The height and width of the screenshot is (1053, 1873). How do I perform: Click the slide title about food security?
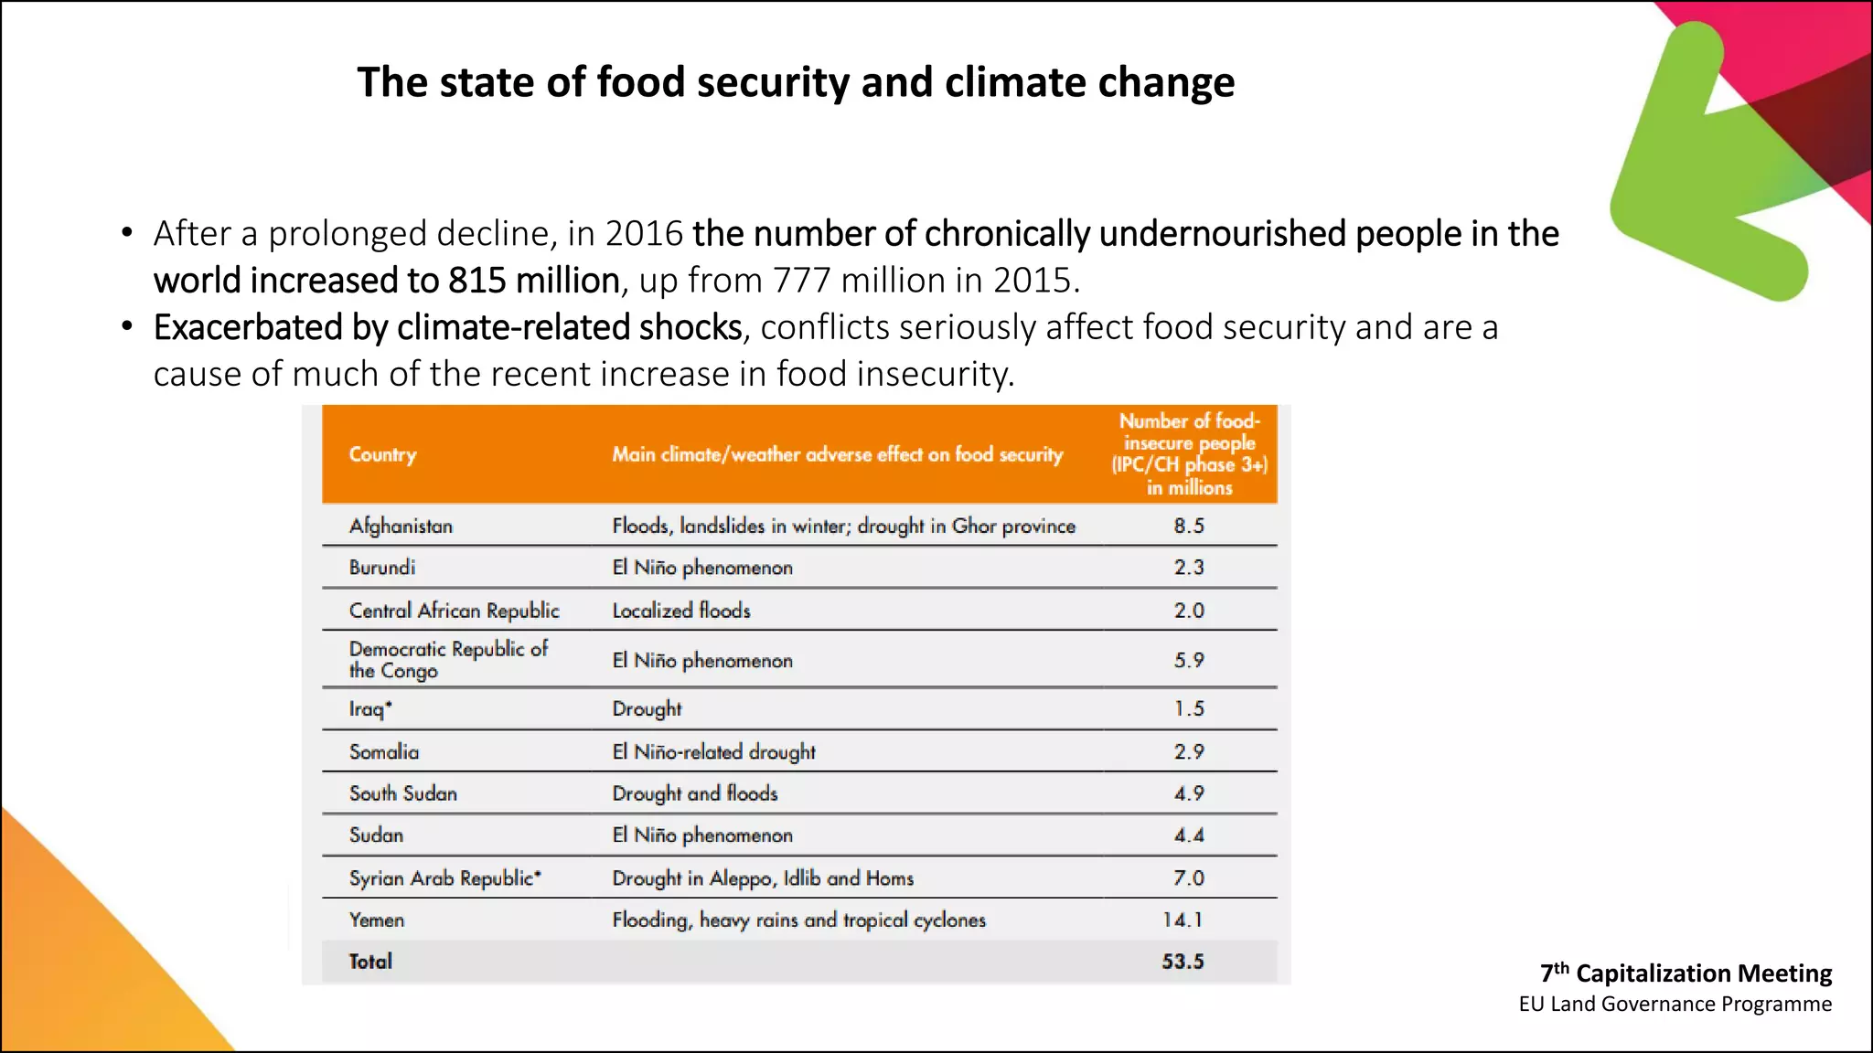tap(796, 82)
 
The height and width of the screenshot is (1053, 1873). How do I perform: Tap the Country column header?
tap(382, 454)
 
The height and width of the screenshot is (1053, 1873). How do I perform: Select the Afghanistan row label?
tap(401, 526)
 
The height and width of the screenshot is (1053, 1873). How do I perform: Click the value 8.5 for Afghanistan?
tap(1189, 526)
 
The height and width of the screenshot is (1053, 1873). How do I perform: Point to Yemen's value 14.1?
tap(1183, 920)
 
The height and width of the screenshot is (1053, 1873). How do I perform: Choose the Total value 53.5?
tap(1183, 962)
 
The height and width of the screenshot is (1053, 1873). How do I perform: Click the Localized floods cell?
tap(681, 611)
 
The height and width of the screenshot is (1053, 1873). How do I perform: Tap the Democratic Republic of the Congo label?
tap(448, 659)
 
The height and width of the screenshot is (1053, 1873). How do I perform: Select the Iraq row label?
tap(370, 709)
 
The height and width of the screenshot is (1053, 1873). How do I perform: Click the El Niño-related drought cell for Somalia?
tap(713, 751)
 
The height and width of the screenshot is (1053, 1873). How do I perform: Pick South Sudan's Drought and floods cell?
tap(695, 793)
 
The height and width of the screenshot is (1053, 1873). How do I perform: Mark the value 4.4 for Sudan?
tap(1189, 835)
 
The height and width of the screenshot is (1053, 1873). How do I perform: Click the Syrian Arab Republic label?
tap(445, 878)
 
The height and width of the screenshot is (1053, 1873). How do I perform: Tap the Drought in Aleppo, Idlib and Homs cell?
tap(763, 878)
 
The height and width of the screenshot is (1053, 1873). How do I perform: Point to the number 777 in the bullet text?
tap(801, 281)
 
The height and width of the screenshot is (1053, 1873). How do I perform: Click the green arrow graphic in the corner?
tap(1701, 174)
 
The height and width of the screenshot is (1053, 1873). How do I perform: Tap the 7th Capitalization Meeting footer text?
tap(1686, 973)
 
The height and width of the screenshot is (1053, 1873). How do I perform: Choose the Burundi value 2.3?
tap(1189, 568)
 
